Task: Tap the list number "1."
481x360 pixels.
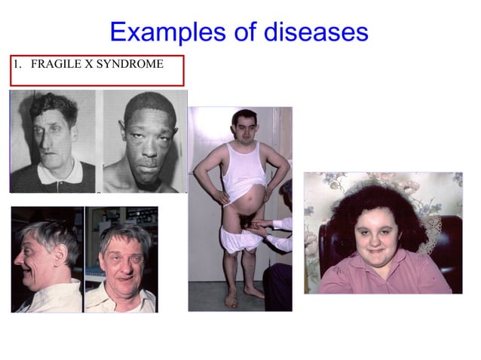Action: pos(17,65)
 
